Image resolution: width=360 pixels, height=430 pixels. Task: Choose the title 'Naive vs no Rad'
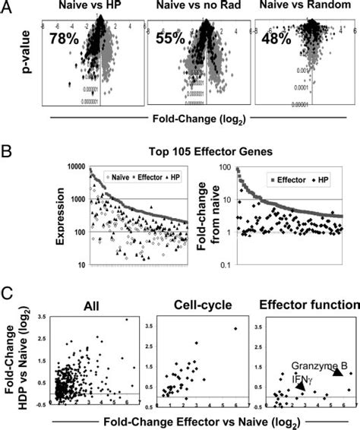coord(201,8)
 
